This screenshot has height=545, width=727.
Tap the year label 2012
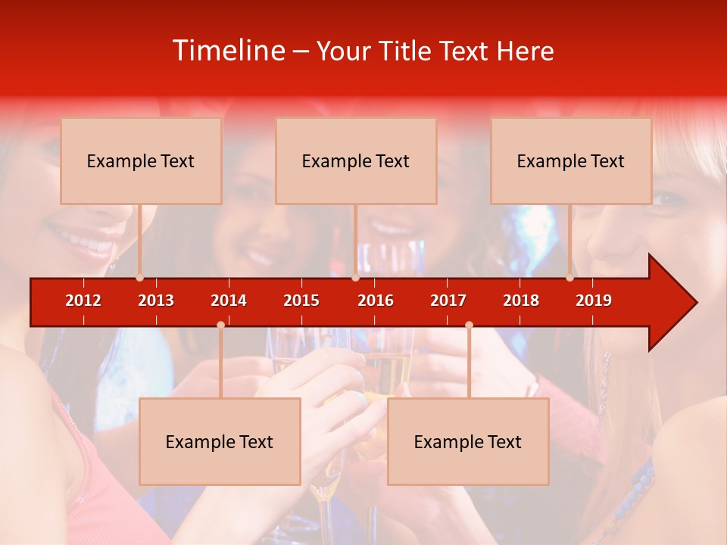coord(83,301)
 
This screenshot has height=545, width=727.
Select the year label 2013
coord(156,301)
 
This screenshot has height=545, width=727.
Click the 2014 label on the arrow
coord(229,301)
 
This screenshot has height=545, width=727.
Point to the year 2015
coord(301,301)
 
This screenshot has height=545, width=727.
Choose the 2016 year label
coord(376,301)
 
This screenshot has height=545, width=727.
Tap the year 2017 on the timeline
coord(448,301)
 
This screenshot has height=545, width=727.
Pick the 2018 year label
coord(521,301)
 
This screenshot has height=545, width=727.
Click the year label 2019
coord(594,301)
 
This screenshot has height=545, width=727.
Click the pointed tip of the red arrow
coord(694,303)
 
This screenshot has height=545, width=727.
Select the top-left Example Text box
coord(141,160)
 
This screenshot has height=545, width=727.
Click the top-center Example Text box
coord(356,160)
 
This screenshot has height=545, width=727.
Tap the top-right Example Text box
coord(571,160)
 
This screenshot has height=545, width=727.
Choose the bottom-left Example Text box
coord(220,441)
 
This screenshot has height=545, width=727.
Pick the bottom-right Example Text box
coord(468,441)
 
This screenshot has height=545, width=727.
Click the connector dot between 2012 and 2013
coord(139,278)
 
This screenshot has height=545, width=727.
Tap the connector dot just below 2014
coord(220,325)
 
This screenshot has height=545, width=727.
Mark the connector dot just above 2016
coord(355,278)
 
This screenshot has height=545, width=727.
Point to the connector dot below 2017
coord(469,325)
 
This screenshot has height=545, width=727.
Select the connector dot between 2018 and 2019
coord(569,278)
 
